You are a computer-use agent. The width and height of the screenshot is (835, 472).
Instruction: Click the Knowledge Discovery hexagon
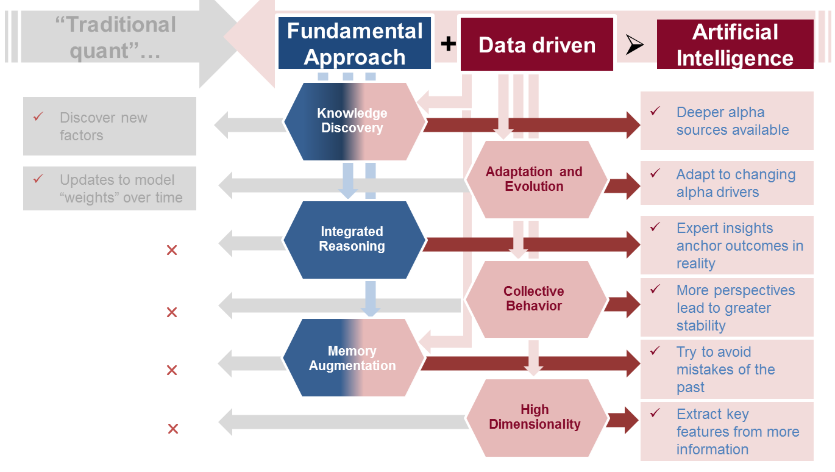pos(352,121)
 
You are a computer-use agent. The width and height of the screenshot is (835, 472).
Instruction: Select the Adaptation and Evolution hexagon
pos(535,179)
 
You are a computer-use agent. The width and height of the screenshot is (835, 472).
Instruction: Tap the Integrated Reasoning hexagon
pos(352,239)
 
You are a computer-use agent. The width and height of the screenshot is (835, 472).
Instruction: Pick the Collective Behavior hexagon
pos(535,299)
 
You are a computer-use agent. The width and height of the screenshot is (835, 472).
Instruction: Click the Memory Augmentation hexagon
pos(352,359)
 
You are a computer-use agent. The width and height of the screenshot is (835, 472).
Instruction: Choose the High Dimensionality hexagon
pos(535,417)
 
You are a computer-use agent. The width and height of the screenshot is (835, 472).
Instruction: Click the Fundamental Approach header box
pos(355,43)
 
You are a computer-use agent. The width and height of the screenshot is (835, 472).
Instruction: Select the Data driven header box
pos(537,45)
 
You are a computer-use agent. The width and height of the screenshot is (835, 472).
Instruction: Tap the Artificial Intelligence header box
pos(735,45)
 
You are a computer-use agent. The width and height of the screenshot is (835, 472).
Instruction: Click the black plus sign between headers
pos(448,43)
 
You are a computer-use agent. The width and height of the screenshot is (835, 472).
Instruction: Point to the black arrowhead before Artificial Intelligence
pos(634,45)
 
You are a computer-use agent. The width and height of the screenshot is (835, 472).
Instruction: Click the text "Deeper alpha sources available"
pos(732,121)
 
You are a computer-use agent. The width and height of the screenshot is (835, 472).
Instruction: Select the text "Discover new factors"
pos(103,126)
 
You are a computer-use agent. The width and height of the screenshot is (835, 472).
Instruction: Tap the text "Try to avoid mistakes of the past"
pos(725,370)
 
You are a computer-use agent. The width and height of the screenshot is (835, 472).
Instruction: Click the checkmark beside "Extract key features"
pos(655,413)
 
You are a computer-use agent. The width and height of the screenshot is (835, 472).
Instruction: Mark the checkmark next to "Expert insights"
pos(655,227)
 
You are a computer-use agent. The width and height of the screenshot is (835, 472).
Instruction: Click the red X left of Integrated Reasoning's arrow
pos(172,250)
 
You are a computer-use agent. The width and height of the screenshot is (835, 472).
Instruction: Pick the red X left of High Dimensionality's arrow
pos(172,429)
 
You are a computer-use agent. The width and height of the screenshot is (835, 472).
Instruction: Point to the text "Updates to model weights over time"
pos(121,188)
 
